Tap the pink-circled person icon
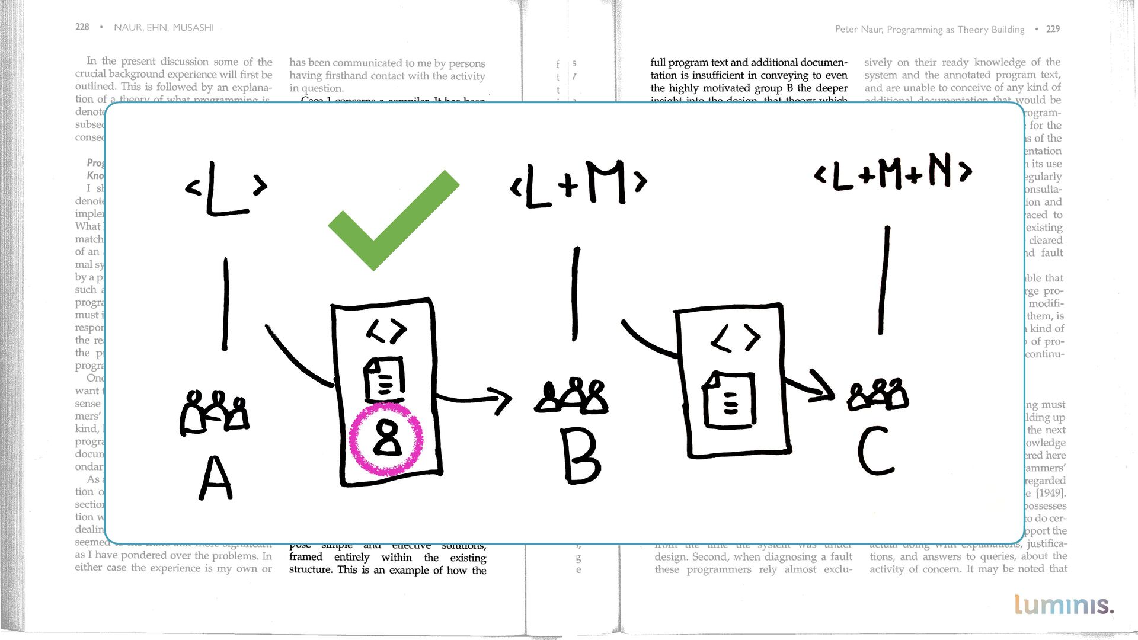[x=386, y=439]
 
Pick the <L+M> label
[x=578, y=184]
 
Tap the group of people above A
[x=214, y=411]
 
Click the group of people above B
[x=572, y=395]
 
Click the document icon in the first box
[x=384, y=379]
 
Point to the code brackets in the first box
[x=386, y=330]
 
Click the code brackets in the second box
[x=736, y=338]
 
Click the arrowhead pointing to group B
[x=501, y=400]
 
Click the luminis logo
[x=1064, y=604]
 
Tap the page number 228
[x=82, y=27]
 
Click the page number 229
[x=1053, y=29]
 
